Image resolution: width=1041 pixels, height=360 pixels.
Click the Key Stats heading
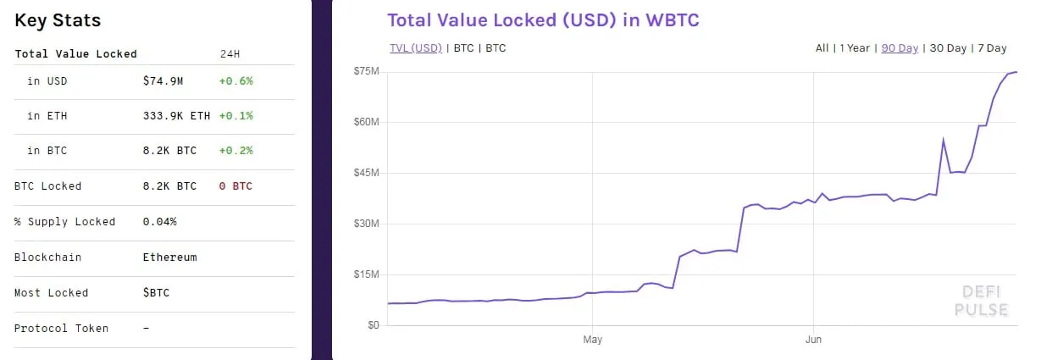coord(58,20)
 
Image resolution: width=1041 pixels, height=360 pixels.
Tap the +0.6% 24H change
coord(235,81)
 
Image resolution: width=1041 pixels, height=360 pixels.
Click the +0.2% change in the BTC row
coord(235,151)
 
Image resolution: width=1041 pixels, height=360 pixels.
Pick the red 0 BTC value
coord(235,186)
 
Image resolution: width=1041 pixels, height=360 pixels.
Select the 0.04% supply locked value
coord(159,222)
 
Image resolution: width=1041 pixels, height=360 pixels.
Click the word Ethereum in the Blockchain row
coord(169,258)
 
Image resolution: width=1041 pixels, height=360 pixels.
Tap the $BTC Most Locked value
coord(156,293)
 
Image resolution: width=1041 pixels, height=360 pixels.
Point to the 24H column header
coord(230,53)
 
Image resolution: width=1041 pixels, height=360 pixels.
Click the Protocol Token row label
coord(61,329)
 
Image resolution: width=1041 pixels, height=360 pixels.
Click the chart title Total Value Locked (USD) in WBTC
coord(543,20)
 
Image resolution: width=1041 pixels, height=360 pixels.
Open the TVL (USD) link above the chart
coord(415,48)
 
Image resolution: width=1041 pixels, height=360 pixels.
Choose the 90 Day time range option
coord(900,48)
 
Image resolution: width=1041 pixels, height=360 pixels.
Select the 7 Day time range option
coord(991,48)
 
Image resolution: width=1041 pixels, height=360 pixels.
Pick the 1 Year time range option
coord(855,48)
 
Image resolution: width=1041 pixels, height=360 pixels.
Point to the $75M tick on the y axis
coord(366,71)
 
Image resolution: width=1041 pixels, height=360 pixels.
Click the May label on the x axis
coord(592,341)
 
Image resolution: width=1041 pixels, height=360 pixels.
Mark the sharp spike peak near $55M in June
coord(944,140)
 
